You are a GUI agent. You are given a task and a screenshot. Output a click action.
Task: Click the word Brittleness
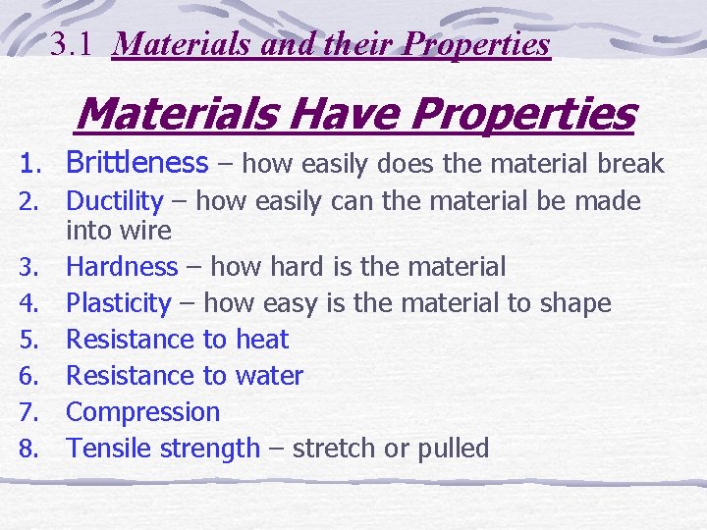[x=136, y=163]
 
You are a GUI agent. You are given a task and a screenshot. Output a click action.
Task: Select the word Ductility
[x=114, y=202]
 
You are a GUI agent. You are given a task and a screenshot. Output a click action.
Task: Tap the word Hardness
[x=122, y=267]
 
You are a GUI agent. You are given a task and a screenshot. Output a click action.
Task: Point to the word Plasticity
[x=119, y=303]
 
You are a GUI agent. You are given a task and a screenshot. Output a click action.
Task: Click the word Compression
[x=142, y=412]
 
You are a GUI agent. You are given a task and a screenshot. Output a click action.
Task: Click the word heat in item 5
[x=262, y=340]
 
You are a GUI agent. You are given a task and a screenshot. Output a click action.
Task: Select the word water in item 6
[x=270, y=376]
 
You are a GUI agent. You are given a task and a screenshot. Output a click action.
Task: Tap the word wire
[x=145, y=232]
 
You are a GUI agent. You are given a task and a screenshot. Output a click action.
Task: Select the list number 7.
[x=28, y=413]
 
